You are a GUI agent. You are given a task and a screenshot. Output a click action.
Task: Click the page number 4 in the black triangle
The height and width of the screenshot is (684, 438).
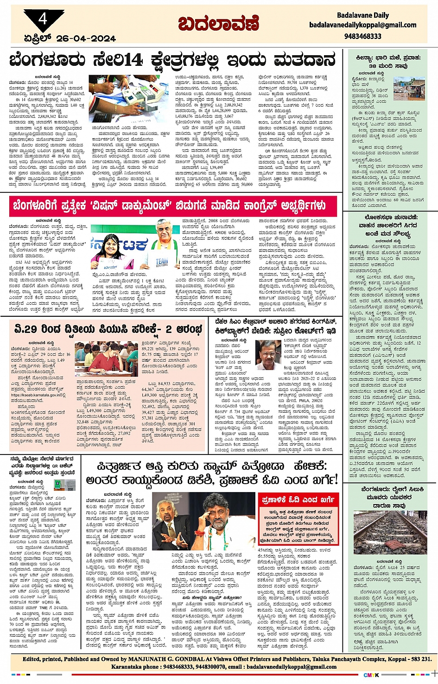point(43,19)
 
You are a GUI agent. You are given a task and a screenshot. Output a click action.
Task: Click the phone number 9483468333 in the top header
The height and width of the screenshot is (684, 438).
point(362,36)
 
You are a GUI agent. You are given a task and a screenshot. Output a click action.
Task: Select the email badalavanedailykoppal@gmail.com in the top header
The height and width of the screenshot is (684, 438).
point(362,25)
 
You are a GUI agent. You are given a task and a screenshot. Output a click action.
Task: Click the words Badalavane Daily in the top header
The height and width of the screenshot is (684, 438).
point(362,15)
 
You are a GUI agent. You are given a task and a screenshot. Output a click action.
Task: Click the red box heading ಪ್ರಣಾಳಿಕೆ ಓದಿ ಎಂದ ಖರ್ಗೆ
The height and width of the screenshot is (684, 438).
point(298,500)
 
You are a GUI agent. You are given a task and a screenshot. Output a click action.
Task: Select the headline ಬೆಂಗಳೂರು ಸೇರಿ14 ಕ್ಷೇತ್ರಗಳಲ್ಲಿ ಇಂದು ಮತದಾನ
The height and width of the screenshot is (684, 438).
point(172,60)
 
